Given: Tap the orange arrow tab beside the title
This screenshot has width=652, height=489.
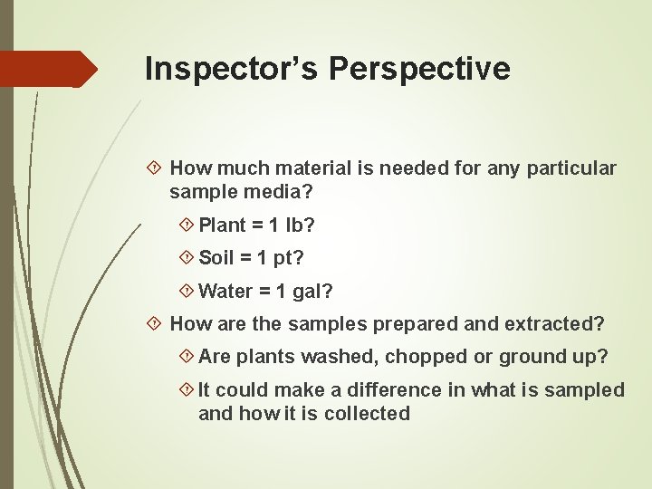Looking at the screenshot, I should pos(49,69).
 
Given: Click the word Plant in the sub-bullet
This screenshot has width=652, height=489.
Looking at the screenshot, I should pos(222,225).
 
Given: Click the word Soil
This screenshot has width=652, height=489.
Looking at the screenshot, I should pos(216,258).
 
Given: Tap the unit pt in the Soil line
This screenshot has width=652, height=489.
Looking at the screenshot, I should pos(288,258).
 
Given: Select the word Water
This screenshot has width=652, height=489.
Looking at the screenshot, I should pos(225,292).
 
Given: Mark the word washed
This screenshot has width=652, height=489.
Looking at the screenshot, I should pos(349,357).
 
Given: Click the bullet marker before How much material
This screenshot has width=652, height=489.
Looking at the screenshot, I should pos(155,168).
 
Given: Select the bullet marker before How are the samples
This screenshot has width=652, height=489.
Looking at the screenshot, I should pos(155,323).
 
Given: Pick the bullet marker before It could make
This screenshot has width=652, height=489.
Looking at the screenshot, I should pos(186,390).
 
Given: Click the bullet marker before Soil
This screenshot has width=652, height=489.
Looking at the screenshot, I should pos(186,258).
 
